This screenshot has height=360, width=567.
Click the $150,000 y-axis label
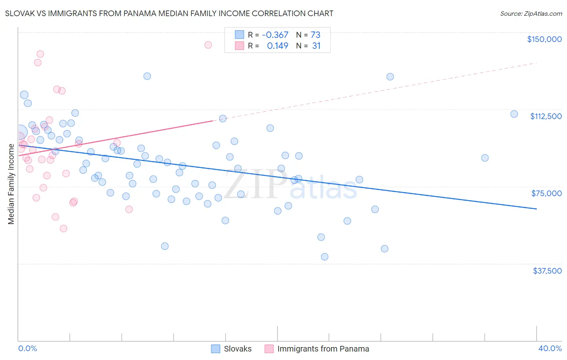pos(544,39)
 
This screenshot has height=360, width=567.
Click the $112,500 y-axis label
pos(546,116)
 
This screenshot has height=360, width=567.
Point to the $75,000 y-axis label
pos(546,193)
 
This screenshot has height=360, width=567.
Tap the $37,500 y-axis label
pos(547,271)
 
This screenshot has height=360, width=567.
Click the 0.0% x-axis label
pos(27,348)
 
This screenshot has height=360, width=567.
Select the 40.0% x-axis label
pos(550,348)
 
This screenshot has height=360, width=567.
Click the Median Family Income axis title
pos(11,184)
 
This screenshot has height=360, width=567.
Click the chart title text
pos(169,13)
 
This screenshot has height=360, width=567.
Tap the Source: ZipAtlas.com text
pos(531,13)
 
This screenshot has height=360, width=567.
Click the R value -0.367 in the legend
pos(275,35)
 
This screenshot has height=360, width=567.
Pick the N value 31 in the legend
pos(316,46)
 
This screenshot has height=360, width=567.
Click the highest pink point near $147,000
pos(208,45)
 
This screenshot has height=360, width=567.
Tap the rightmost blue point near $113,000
pos(514,114)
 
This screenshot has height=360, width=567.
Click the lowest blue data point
pos(325,257)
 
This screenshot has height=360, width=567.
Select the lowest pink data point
pos(63,228)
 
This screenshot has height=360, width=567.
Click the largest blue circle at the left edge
pos(20,132)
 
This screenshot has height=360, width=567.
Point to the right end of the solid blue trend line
pos(536,209)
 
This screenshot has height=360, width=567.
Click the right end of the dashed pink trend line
pos(536,63)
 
